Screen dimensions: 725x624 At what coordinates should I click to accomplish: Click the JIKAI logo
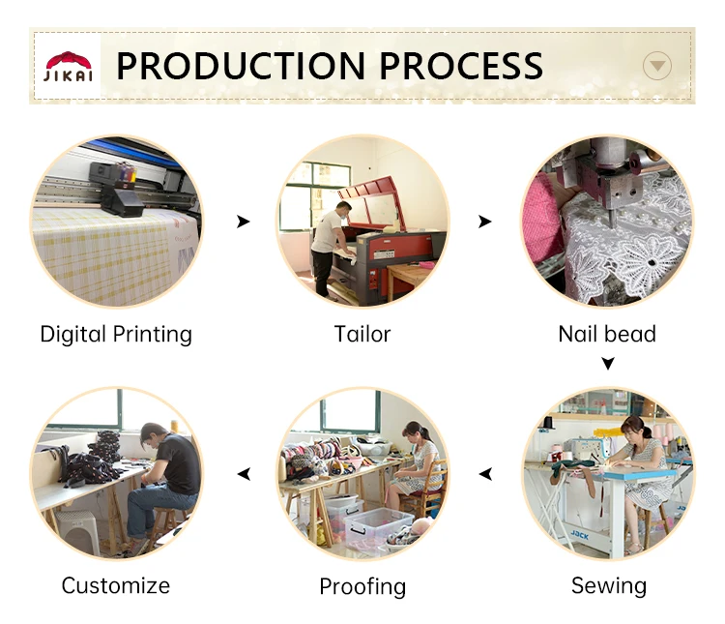click(68, 67)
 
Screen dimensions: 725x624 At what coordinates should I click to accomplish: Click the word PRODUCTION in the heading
click(241, 66)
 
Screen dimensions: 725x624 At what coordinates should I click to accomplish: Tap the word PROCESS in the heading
click(461, 66)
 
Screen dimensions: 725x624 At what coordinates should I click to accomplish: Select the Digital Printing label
click(116, 335)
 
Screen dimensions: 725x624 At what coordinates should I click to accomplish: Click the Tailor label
click(362, 334)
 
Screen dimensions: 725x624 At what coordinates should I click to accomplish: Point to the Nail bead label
click(607, 334)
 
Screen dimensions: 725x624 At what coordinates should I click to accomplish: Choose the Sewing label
click(609, 586)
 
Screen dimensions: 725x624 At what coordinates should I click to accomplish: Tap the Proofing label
click(362, 587)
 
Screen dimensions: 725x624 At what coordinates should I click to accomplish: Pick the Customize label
click(116, 585)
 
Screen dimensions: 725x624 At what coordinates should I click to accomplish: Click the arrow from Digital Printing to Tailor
click(244, 222)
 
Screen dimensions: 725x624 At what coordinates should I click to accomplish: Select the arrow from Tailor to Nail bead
click(485, 222)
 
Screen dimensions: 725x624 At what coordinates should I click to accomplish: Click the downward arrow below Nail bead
click(608, 364)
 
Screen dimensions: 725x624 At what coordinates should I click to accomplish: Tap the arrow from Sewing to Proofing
click(485, 474)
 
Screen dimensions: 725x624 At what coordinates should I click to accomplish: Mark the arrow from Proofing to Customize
click(244, 474)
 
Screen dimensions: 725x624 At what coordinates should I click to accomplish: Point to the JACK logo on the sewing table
click(579, 535)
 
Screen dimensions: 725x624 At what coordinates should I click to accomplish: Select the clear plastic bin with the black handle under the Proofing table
click(377, 528)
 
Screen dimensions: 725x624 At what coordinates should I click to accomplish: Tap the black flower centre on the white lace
click(652, 263)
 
